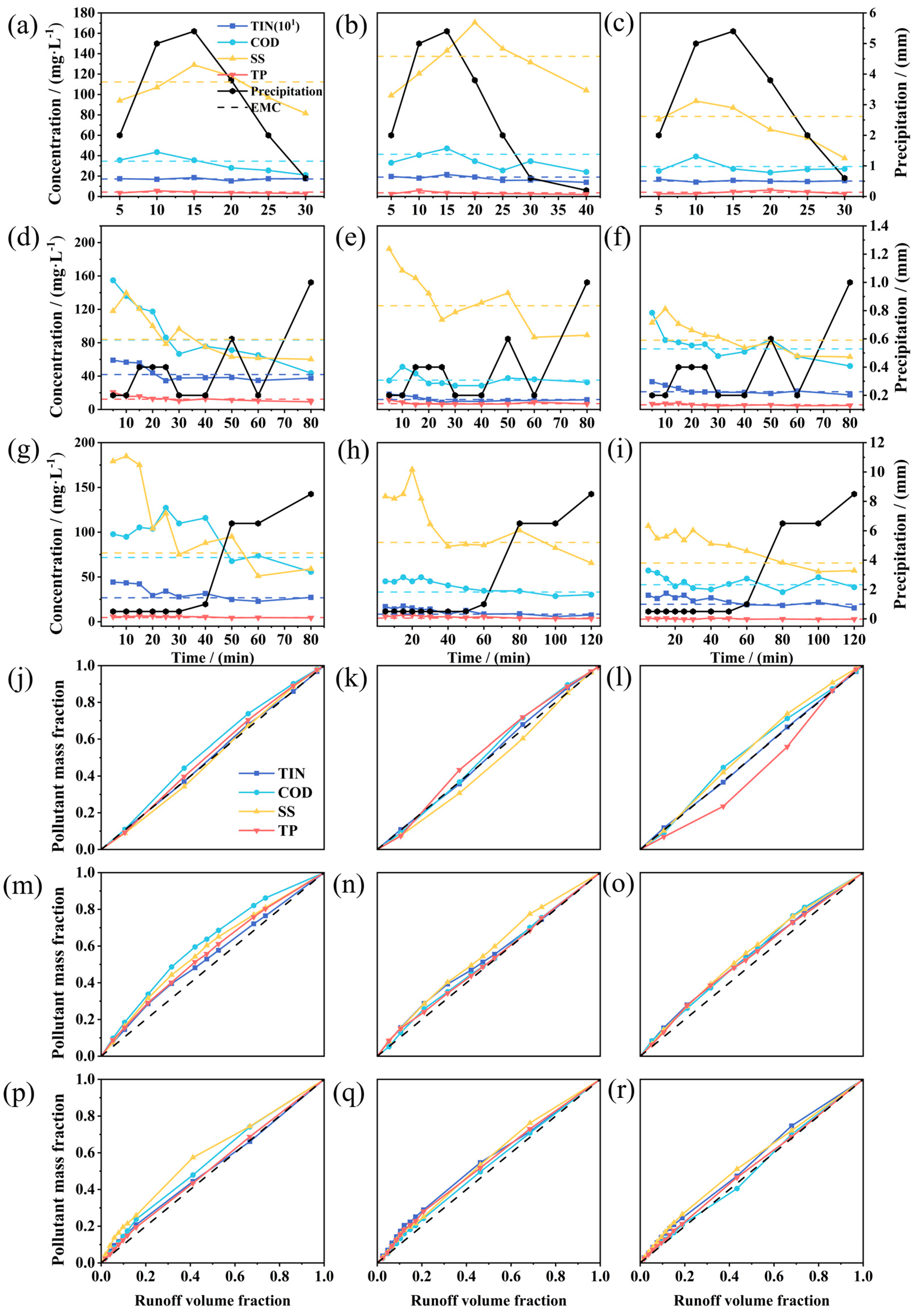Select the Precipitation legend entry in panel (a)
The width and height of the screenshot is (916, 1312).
click(x=286, y=92)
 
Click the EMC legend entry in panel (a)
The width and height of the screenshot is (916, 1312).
click(x=266, y=108)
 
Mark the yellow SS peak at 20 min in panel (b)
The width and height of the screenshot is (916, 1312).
click(x=474, y=22)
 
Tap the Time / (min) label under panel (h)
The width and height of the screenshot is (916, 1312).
click(x=489, y=658)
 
